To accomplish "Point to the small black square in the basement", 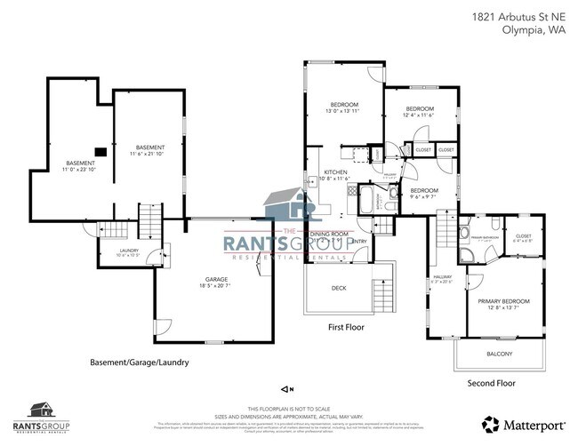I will point(101,151).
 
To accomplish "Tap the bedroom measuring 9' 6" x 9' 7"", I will point(423,194).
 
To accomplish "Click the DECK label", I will point(338,288).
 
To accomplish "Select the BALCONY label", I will point(499,354).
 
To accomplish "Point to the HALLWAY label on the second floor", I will point(443,279).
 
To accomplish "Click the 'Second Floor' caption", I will point(491,383).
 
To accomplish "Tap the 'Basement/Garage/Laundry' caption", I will point(139,362).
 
